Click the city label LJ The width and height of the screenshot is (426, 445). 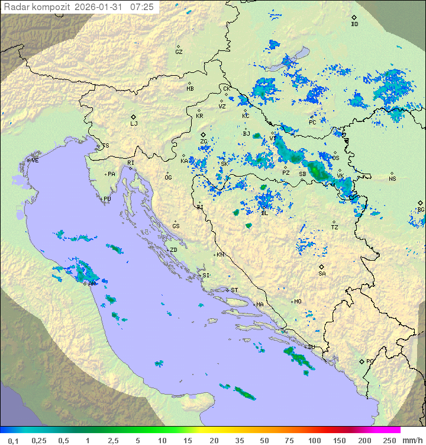[134, 124]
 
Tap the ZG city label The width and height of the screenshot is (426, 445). [204, 142]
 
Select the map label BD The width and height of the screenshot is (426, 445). [354, 24]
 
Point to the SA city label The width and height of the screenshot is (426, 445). [322, 274]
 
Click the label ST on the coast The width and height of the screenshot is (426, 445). [234, 290]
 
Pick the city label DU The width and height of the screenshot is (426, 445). [311, 347]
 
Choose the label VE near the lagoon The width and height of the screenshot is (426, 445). [35, 161]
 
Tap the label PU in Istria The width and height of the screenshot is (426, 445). [107, 199]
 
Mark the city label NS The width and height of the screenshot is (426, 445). [392, 179]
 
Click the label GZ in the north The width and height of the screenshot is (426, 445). [179, 52]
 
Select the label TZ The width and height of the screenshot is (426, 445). [335, 228]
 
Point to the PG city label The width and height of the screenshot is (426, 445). [370, 361]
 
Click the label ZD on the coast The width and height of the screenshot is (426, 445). [173, 250]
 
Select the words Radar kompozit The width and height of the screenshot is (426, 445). [37, 7]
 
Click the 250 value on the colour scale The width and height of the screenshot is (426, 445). [389, 440]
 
